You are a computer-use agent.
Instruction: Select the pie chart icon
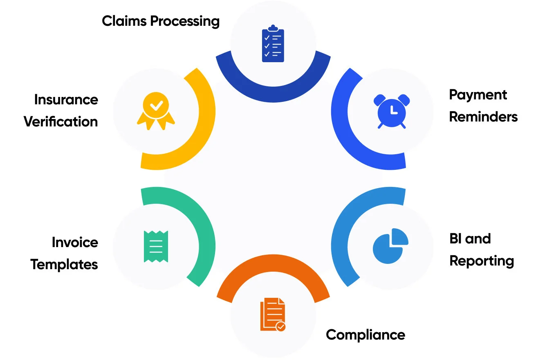(x=390, y=246)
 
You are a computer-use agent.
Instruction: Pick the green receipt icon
(x=156, y=246)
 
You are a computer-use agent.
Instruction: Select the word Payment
(x=478, y=95)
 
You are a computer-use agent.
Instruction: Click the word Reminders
(x=483, y=117)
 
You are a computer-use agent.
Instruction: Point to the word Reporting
(x=482, y=261)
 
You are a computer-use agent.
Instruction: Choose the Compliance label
(x=365, y=335)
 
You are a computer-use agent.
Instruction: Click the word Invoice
(x=75, y=243)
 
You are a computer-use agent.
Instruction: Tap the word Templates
(x=64, y=265)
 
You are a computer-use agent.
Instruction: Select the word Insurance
(x=66, y=100)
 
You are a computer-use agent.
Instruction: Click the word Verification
(x=61, y=122)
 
